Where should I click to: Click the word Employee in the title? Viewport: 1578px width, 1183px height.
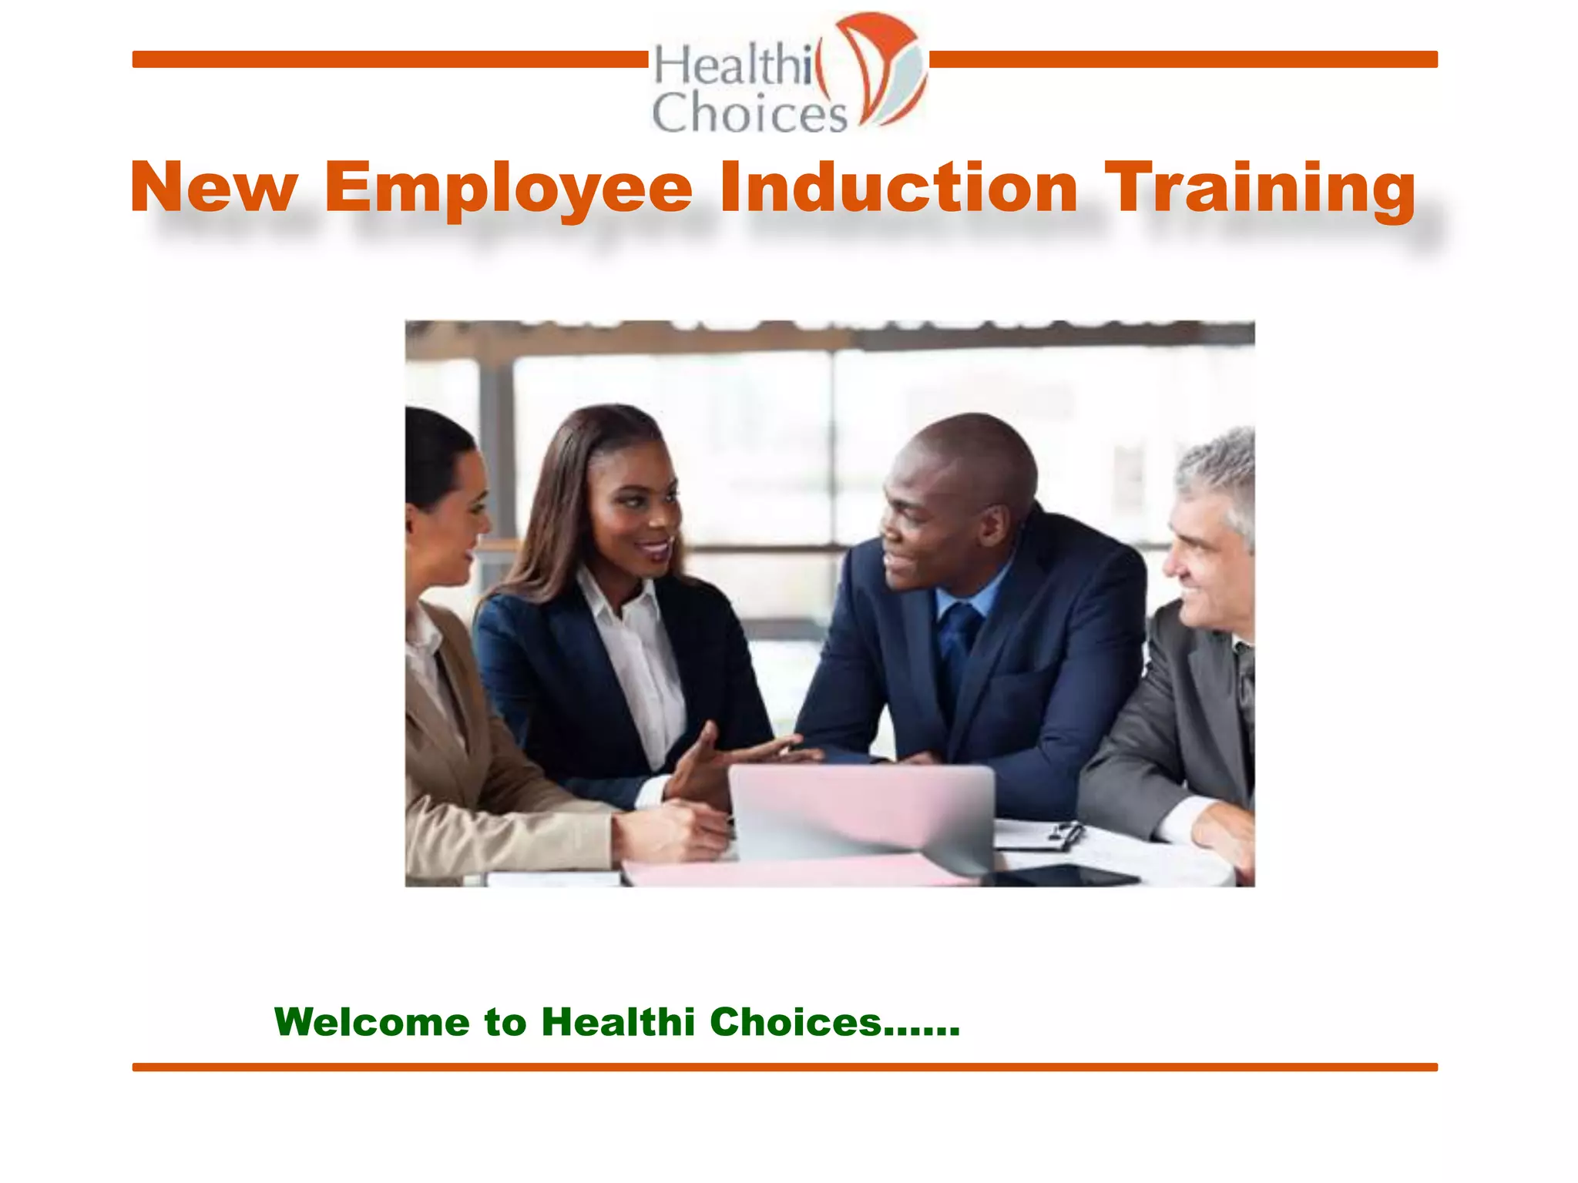pyautogui.click(x=509, y=189)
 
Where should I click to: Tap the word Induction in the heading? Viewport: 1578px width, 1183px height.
pyautogui.click(x=898, y=189)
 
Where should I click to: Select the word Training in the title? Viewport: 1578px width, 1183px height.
pyautogui.click(x=1260, y=189)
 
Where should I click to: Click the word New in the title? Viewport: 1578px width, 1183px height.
pyautogui.click(x=214, y=189)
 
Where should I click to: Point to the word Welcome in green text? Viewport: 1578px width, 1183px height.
pyautogui.click(x=372, y=1022)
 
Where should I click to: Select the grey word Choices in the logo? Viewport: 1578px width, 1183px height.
pyautogui.click(x=749, y=112)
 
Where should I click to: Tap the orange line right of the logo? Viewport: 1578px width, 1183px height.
pyautogui.click(x=1183, y=59)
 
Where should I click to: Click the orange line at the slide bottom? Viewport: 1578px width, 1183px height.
pyautogui.click(x=784, y=1067)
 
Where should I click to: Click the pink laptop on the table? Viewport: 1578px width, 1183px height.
pyautogui.click(x=861, y=812)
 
